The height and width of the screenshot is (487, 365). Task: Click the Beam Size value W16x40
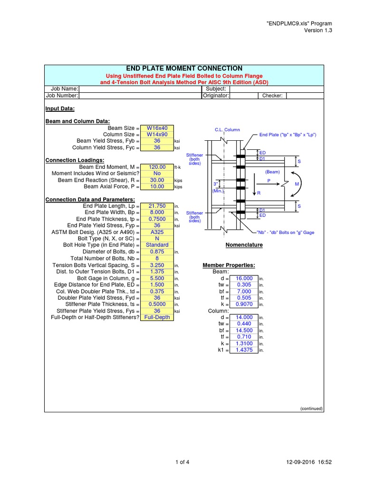point(157,128)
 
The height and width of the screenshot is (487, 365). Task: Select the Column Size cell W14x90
point(157,135)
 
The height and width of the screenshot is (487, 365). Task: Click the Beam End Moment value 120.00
point(157,167)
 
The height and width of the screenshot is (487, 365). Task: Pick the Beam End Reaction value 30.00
point(157,180)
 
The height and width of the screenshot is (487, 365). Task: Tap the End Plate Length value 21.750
point(157,206)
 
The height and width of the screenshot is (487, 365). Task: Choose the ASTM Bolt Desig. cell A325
point(157,232)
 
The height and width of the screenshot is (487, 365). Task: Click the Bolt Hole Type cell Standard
point(157,245)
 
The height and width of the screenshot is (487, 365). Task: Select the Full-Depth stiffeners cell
point(157,317)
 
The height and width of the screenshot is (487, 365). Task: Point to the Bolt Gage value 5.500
point(157,278)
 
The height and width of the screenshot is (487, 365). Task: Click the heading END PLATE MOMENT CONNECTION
point(183,68)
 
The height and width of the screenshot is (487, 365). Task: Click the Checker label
point(272,96)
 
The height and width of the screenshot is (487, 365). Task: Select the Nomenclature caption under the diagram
point(243,245)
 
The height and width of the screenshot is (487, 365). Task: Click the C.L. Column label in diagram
point(227,129)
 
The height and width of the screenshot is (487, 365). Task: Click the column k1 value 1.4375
point(244,350)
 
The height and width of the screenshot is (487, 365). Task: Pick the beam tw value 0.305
point(244,285)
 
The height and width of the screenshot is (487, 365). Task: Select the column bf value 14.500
point(244,331)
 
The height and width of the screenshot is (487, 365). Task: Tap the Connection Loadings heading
point(75,160)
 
